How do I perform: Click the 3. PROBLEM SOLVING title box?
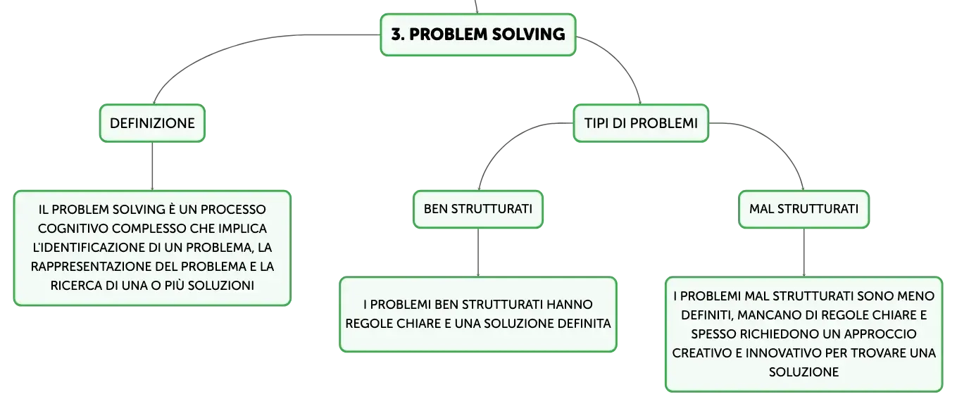point(478,34)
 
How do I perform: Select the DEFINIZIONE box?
point(152,123)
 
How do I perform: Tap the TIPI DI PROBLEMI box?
point(641,123)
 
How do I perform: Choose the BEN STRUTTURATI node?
point(478,209)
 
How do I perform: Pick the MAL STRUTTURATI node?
point(803,209)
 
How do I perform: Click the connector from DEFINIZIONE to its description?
point(152,166)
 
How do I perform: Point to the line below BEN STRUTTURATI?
point(478,253)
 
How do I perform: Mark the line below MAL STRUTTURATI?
point(803,253)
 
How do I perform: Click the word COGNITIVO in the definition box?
point(73,229)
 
